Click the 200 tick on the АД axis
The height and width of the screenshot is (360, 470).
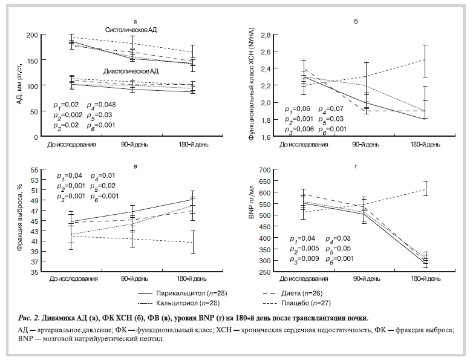(32, 36)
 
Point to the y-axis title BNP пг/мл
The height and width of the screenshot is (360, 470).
(249, 220)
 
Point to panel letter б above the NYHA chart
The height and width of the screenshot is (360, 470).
(356, 21)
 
